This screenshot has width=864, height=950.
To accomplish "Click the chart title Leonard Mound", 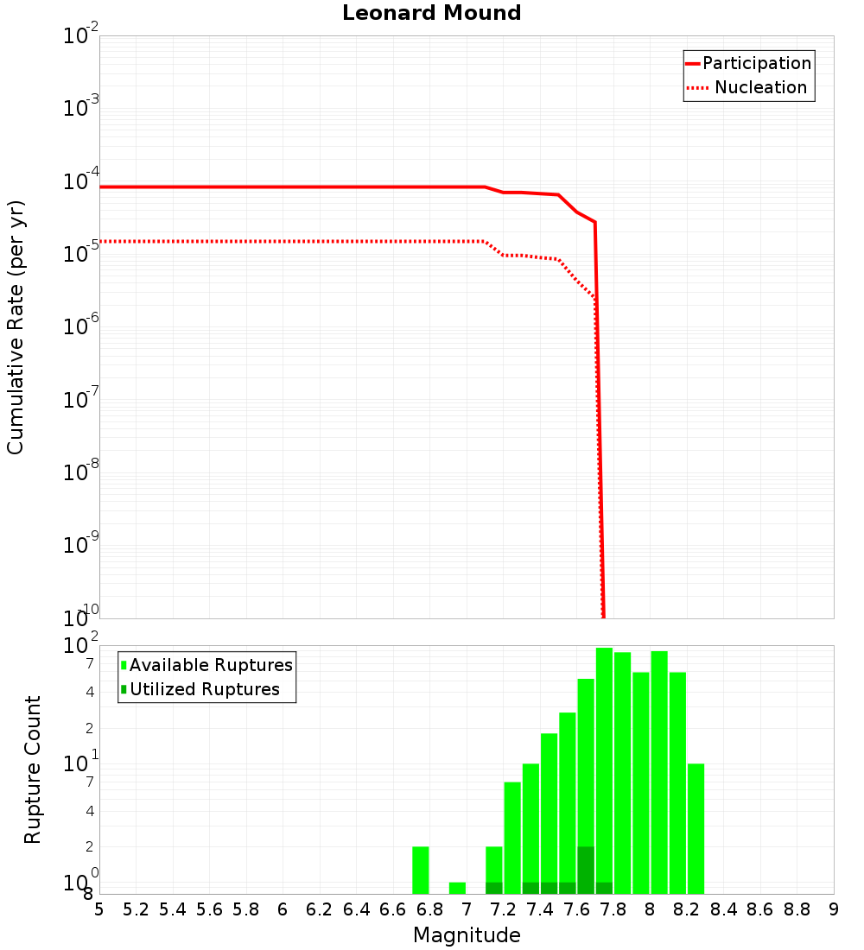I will [x=431, y=13].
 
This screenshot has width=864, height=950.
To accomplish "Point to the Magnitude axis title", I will [x=467, y=935].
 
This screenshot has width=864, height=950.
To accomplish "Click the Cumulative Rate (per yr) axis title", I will [x=16, y=327].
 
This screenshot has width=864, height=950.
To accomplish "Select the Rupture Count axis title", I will [x=33, y=769].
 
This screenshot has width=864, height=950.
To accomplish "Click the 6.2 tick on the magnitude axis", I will [x=319, y=909].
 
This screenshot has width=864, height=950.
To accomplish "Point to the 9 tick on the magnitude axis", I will [x=834, y=909].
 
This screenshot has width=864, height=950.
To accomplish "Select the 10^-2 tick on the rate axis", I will [x=80, y=36].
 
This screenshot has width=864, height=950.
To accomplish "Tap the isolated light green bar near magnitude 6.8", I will [x=421, y=870].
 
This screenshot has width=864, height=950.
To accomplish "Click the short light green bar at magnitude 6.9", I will [x=457, y=888].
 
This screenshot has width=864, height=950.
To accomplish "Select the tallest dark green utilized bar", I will [x=586, y=870].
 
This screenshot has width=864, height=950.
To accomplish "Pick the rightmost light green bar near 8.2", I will [x=696, y=828].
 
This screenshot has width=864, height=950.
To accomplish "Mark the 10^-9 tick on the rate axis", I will [x=80, y=545].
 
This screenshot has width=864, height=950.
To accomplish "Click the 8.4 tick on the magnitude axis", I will [x=723, y=909].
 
